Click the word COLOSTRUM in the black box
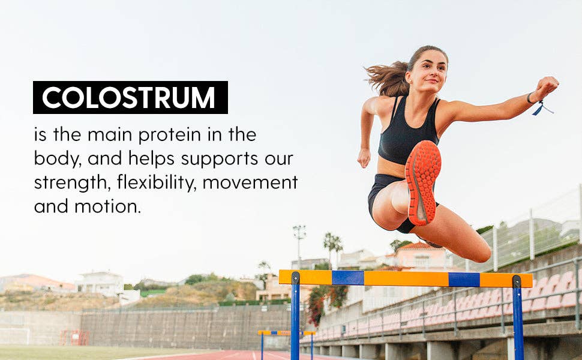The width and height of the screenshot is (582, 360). pos(129,98)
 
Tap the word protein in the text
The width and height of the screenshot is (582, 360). pos(170,135)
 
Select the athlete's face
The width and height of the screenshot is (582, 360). pos(427,71)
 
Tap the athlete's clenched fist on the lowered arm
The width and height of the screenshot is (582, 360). pos(364,158)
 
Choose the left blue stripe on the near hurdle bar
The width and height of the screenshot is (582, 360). pos(347,278)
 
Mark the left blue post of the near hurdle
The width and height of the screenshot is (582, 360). pos(295,318)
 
